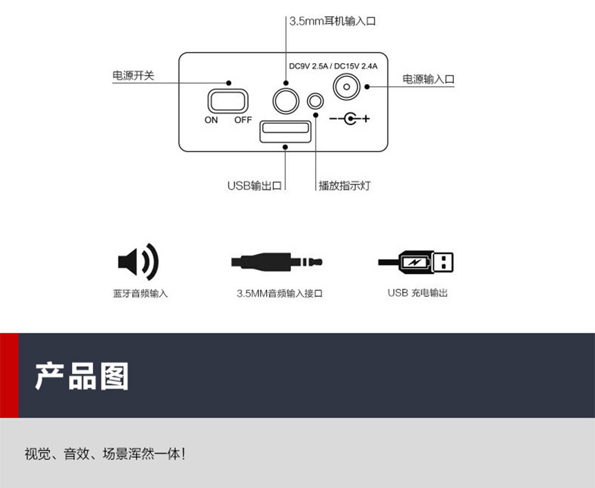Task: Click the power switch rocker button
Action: coord(228,101)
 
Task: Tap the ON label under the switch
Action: coord(211,120)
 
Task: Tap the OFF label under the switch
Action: coord(243,120)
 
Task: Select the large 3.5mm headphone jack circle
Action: coord(286,101)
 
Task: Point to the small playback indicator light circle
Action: coord(315,101)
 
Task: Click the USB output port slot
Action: coord(286,131)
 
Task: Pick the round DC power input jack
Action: coord(346,86)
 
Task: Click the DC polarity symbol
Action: coord(349,119)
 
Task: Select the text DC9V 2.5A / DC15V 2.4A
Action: coord(333,66)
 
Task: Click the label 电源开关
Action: coord(133,75)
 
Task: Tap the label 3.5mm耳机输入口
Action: coord(333,21)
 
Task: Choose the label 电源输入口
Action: coord(428,79)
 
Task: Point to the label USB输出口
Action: coord(255,185)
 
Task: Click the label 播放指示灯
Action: coord(345,185)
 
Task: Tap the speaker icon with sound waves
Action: coord(138,262)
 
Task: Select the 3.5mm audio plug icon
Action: coord(277,262)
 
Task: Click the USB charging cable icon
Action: coord(415,262)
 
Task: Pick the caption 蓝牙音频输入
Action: coord(140,293)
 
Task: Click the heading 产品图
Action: coord(82,376)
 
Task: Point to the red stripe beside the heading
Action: coord(9,375)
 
